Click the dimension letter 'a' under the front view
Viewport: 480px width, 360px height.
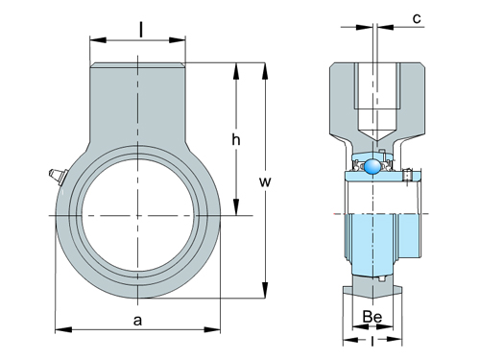pyautogui.click(x=137, y=320)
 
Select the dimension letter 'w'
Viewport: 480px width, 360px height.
pyautogui.click(x=265, y=181)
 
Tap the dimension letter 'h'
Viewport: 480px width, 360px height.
pyautogui.click(x=236, y=139)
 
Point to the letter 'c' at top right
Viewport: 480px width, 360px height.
pyautogui.click(x=417, y=18)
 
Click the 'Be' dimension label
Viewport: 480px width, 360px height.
pyautogui.click(x=372, y=317)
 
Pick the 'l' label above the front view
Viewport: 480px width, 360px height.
pyautogui.click(x=140, y=31)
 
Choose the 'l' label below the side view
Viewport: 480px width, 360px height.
pyautogui.click(x=372, y=342)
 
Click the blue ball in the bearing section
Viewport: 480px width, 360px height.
pyautogui.click(x=372, y=166)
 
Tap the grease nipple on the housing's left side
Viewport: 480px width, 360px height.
pyautogui.click(x=57, y=176)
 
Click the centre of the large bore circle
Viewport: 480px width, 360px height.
pyautogui.click(x=137, y=215)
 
